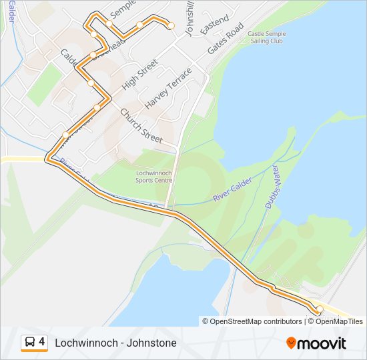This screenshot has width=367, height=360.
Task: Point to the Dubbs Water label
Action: click(x=272, y=189)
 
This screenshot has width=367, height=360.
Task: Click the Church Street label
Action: click(x=141, y=125)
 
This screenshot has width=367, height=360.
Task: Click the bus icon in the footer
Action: click(x=29, y=343)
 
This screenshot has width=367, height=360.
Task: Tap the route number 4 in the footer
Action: click(x=42, y=342)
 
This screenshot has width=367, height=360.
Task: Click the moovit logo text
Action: click(x=322, y=343)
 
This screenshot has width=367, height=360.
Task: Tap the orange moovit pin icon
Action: click(x=291, y=343)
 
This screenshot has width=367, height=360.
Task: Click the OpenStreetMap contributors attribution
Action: click(x=252, y=321)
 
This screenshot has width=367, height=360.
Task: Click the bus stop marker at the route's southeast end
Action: click(x=319, y=309)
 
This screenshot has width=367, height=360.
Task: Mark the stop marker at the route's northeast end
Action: click(x=171, y=25)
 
